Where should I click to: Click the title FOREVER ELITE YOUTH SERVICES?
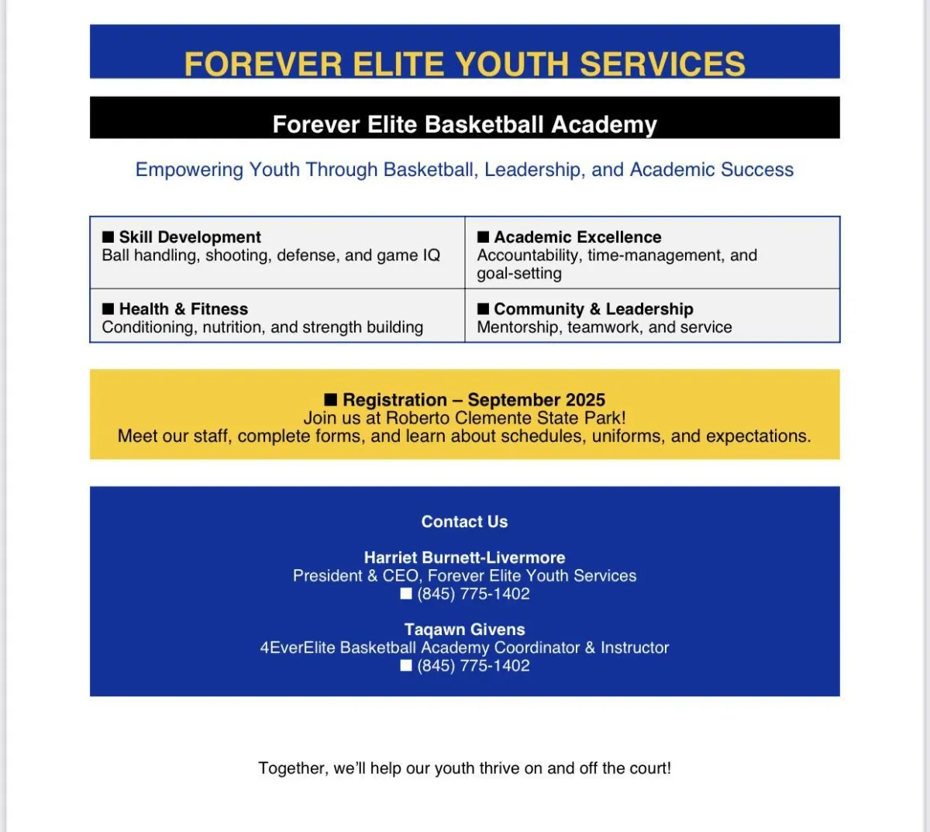[x=465, y=64]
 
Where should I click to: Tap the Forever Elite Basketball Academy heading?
[x=465, y=125]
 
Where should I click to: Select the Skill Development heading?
[x=190, y=237]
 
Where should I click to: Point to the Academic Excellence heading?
[x=577, y=237]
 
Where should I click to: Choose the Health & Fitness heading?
[x=184, y=309]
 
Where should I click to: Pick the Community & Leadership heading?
[x=593, y=309]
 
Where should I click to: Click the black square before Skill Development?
[x=108, y=236]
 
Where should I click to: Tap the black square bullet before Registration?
[x=331, y=399]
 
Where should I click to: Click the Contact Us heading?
[x=464, y=522]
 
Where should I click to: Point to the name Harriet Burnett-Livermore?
[x=464, y=558]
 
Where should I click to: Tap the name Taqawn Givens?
[x=464, y=630]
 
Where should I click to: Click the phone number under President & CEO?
[x=474, y=594]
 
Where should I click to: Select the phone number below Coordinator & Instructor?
[x=474, y=666]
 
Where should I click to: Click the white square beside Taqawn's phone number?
[x=406, y=665]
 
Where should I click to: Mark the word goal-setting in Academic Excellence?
[x=519, y=274]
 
